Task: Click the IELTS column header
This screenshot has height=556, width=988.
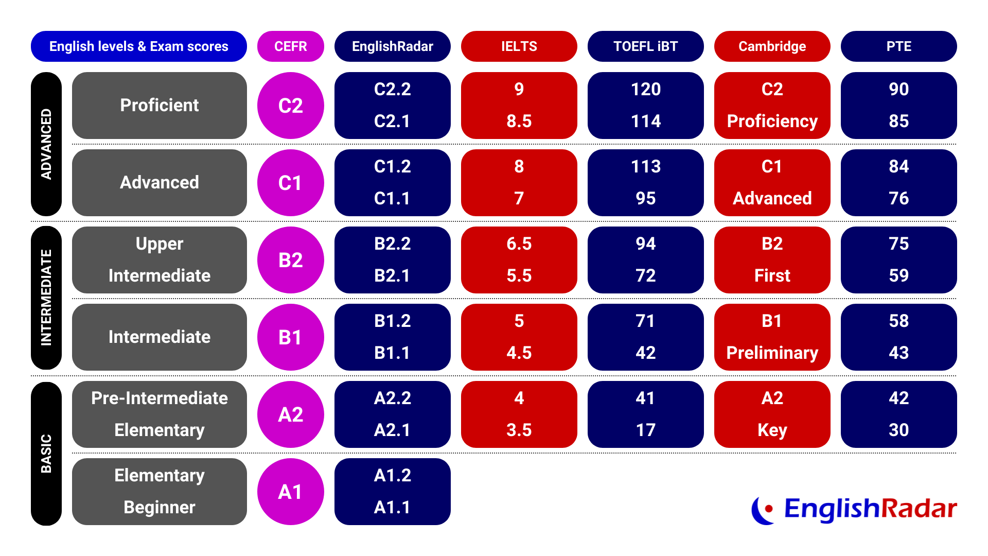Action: click(519, 46)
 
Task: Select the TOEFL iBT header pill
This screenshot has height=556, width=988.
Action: click(645, 46)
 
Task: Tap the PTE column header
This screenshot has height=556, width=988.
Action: click(898, 46)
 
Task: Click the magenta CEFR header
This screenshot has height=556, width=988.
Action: click(290, 46)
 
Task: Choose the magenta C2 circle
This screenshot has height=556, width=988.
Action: click(290, 106)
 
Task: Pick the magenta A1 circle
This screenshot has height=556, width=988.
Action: click(290, 492)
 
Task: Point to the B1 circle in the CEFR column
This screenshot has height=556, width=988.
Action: click(290, 337)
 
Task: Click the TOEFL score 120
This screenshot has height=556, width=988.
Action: click(645, 90)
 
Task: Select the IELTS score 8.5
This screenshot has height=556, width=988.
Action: click(519, 121)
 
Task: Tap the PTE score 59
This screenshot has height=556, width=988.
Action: click(898, 276)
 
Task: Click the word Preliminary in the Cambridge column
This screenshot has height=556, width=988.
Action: click(772, 353)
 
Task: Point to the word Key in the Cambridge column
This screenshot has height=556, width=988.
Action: click(772, 430)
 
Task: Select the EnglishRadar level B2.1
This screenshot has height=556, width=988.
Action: click(392, 276)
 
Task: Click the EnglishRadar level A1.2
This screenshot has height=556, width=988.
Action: click(392, 476)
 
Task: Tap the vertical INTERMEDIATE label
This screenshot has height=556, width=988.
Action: click(46, 298)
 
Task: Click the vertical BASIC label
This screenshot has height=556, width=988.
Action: click(46, 453)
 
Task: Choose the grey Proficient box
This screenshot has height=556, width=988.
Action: click(160, 106)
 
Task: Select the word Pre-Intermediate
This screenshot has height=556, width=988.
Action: click(160, 398)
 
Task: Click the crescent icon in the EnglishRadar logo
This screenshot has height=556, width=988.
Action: click(762, 510)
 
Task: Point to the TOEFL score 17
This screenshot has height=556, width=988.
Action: click(645, 430)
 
